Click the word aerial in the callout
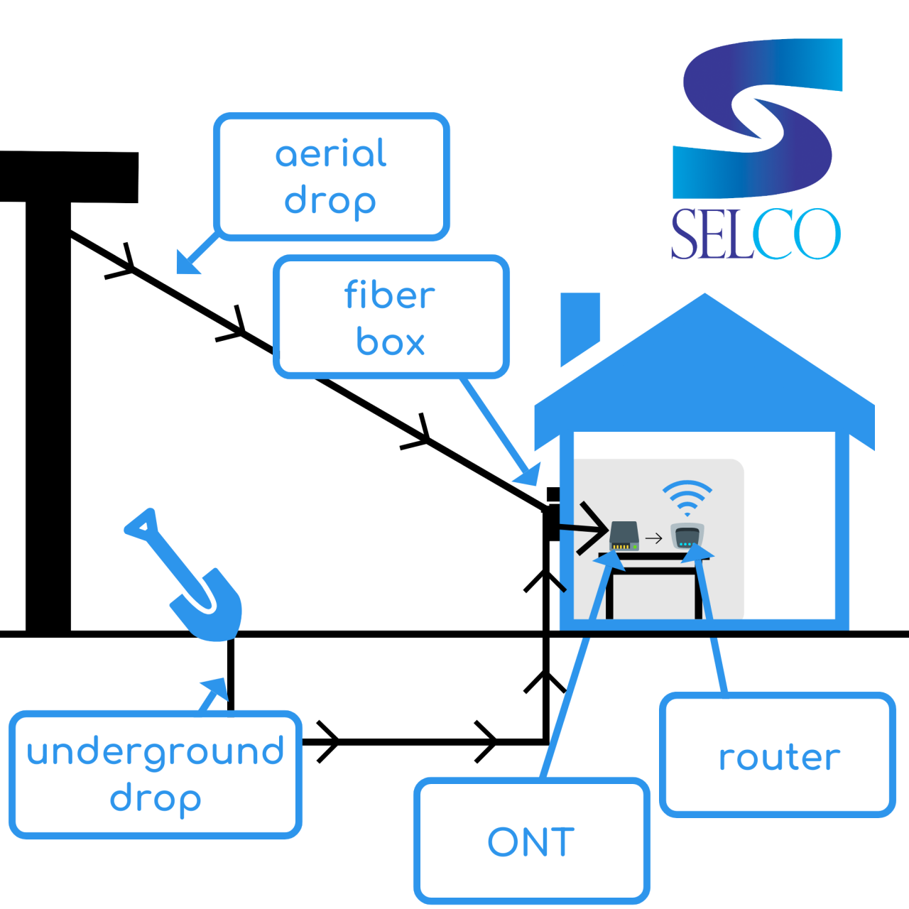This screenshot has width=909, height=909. point(331,154)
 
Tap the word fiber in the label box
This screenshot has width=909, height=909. point(389,295)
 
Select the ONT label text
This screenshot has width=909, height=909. point(531,843)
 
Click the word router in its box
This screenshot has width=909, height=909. point(779,758)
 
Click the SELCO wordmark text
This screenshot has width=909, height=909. point(756,234)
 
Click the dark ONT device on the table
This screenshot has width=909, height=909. point(624,536)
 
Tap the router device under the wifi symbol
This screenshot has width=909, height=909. point(687,536)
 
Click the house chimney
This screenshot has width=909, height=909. point(579,323)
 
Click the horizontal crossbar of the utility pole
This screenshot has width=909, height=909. point(69,177)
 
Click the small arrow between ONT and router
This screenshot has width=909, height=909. point(654,538)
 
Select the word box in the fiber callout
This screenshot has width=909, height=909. point(390,343)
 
